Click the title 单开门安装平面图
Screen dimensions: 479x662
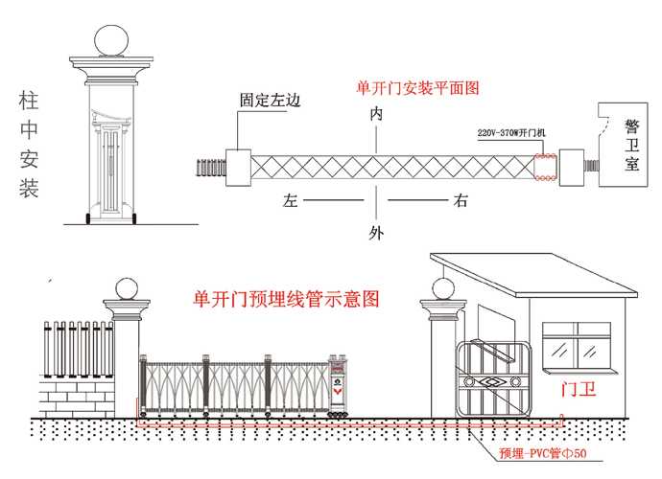point(417,88)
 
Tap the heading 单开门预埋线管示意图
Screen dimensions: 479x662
point(286,298)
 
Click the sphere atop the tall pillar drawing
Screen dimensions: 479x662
point(110,41)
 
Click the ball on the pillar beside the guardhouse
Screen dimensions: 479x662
point(442,288)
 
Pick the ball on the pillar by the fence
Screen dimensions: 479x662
point(127,288)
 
